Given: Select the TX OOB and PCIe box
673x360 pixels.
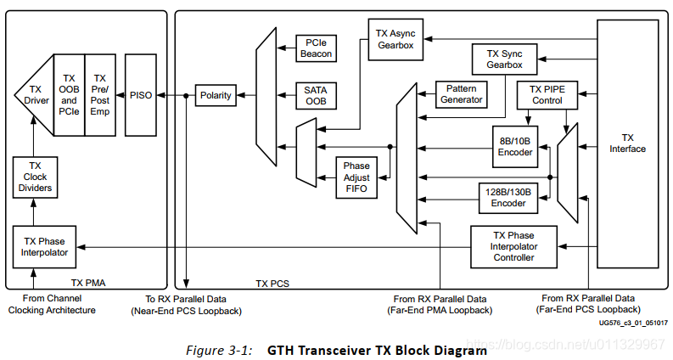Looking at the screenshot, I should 69,94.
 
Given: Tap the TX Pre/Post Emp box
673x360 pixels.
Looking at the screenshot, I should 99,94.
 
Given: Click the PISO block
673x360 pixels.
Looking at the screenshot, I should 141,95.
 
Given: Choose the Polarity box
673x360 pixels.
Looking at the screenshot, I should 215,96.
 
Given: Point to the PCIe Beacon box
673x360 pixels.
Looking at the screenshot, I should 316,48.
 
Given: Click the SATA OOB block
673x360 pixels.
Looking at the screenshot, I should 316,96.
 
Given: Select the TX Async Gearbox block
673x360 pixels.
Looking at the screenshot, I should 395,39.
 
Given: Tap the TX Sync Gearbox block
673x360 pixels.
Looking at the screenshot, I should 504,59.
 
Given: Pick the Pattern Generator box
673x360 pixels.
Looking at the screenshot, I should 461,94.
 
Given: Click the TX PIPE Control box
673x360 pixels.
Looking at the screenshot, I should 546,94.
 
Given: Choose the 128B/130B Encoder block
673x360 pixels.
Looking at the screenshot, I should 508,198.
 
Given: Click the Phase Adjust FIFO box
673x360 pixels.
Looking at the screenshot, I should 357,177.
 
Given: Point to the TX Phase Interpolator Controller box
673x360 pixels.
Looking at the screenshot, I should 514,245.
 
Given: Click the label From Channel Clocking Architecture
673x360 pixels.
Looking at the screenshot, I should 52,304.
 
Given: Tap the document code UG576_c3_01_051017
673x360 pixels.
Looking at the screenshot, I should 632,323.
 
